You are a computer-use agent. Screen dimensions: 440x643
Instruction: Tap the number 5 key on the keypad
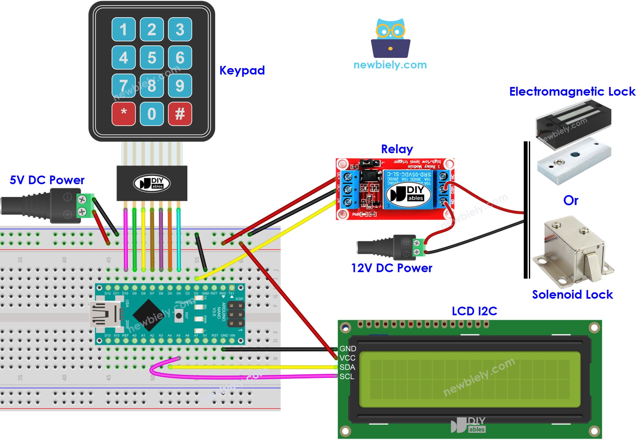coord(152,58)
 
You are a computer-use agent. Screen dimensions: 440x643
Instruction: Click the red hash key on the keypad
coord(180,114)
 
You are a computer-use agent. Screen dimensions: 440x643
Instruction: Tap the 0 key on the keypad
coord(152,114)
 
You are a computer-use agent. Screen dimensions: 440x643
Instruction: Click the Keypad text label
coord(242,70)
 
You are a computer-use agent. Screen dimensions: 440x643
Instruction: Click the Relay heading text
coord(397,149)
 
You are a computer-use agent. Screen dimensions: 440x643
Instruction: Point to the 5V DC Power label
coord(47,180)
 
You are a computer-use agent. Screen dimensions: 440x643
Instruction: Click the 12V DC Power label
coord(391,268)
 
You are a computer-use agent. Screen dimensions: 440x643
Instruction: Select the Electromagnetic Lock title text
coord(572,91)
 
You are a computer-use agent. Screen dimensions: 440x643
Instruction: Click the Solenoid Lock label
coord(572,294)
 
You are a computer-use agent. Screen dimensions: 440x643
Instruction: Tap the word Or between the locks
coord(571,200)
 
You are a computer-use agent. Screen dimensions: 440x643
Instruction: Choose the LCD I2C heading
coord(474,311)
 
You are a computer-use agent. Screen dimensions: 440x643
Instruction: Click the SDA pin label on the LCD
coord(347,367)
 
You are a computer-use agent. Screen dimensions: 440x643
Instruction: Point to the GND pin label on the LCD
coord(348,349)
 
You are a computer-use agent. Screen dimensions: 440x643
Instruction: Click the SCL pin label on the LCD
coord(347,376)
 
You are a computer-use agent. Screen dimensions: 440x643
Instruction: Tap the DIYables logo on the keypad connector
coord(152,183)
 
